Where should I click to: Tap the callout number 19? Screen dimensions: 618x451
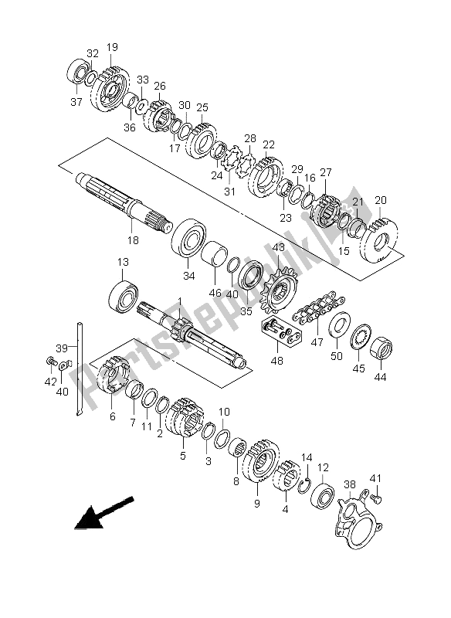[x=112, y=48]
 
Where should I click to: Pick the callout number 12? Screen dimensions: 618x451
[x=323, y=467]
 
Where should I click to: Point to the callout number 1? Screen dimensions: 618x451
[x=177, y=301]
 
